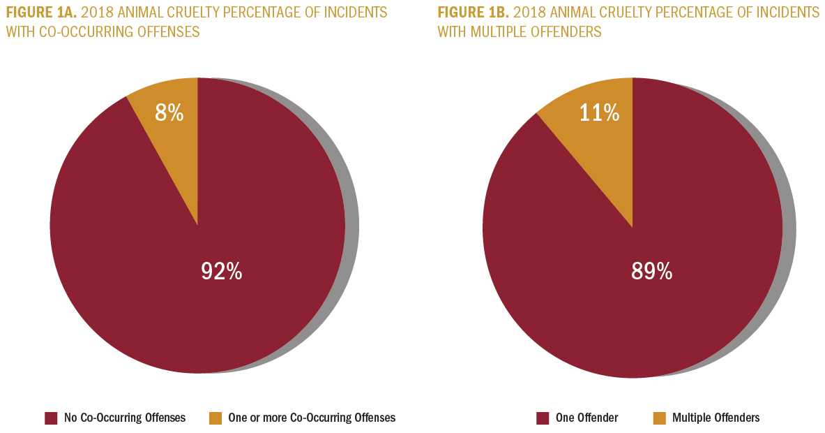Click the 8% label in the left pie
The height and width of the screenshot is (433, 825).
[x=169, y=112]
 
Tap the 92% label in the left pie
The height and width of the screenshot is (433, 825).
[x=221, y=271]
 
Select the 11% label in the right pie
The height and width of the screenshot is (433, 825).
[x=600, y=112]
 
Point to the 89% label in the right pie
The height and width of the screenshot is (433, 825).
[x=651, y=271]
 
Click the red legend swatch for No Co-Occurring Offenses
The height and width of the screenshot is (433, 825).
[x=51, y=418]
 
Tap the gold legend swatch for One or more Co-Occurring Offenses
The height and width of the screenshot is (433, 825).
[x=215, y=418]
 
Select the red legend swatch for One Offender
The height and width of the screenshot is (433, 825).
[x=543, y=418]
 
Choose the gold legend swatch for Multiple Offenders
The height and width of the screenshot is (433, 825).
[x=659, y=418]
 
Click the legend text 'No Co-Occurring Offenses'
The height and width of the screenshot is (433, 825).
[x=125, y=418]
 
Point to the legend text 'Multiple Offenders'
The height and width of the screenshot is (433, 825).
[x=716, y=418]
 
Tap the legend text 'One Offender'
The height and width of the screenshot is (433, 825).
[x=587, y=418]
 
